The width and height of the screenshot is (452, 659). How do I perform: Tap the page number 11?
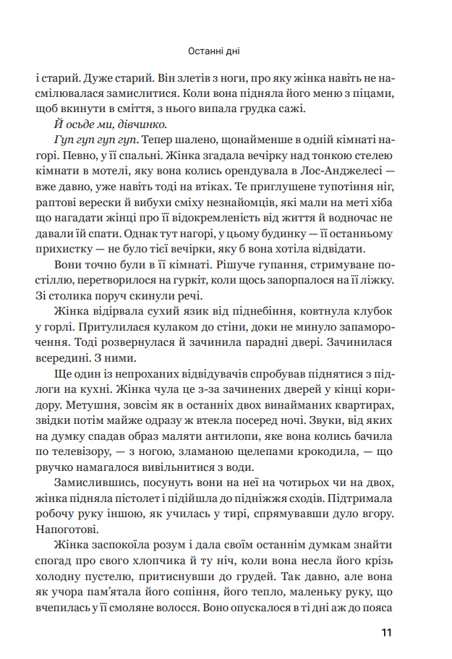coord(385,633)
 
